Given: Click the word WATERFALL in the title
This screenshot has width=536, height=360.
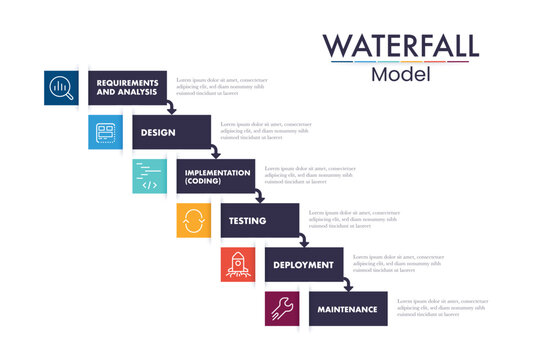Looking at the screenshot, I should pos(400,45).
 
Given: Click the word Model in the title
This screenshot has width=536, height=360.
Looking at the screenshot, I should pos(400,75).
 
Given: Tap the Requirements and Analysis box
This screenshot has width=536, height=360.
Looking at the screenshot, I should pos(126,87).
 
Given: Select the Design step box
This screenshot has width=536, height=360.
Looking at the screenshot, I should pos(170,131).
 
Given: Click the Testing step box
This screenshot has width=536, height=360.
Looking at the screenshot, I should pos(259,220).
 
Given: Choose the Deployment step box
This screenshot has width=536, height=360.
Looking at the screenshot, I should pos(303,264).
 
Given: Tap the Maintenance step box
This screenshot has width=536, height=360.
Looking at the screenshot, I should pos(348,309).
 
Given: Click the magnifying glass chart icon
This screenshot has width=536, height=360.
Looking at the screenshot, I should pos(61,88).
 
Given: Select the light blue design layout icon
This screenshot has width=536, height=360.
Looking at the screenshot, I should pos(105,132).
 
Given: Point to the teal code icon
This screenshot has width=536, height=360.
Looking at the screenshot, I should pos(149,176).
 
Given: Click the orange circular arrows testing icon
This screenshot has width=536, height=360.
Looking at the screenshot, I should pos(193,220).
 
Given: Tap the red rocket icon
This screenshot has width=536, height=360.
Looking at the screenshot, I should pos(238,264).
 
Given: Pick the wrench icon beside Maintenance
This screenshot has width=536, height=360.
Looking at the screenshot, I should pos(282,309).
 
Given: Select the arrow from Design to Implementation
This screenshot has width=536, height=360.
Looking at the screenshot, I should pos(214,152).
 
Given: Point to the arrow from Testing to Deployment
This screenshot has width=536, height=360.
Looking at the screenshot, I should pos(302,241).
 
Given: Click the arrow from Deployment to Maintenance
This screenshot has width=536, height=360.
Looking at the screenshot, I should pos(346,285).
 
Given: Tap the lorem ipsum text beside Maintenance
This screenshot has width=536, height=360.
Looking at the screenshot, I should pos(442,308).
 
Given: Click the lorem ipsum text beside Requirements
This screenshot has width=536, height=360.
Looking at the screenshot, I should pos(222,86).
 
